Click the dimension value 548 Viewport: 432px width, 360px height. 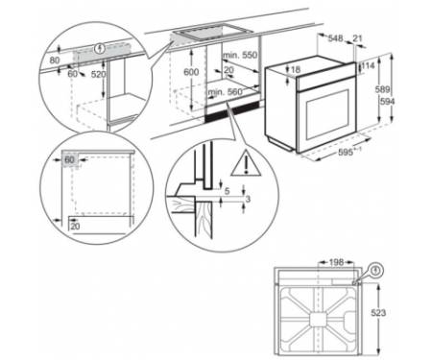coord(335,38)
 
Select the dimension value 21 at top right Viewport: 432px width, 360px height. coord(357,38)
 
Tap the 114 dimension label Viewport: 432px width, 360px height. coord(369,66)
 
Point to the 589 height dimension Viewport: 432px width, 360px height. coord(382,89)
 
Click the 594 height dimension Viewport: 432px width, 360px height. coord(388,102)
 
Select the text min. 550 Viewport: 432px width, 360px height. coord(240,55)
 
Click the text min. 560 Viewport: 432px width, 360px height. coord(226,92)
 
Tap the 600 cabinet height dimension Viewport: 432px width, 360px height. coord(191,72)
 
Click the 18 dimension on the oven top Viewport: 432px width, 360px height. coord(296,69)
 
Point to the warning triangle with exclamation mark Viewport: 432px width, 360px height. coord(246,163)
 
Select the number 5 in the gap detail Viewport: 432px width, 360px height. coord(227,191)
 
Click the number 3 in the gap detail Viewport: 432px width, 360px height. coord(248,199)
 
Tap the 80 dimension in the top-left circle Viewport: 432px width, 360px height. coord(55,60)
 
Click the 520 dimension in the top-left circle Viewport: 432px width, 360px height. coord(98,74)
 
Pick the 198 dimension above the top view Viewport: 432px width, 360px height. coord(336,262)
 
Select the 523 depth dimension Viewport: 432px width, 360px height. coord(379,312)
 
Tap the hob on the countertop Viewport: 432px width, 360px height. coord(213,33)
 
